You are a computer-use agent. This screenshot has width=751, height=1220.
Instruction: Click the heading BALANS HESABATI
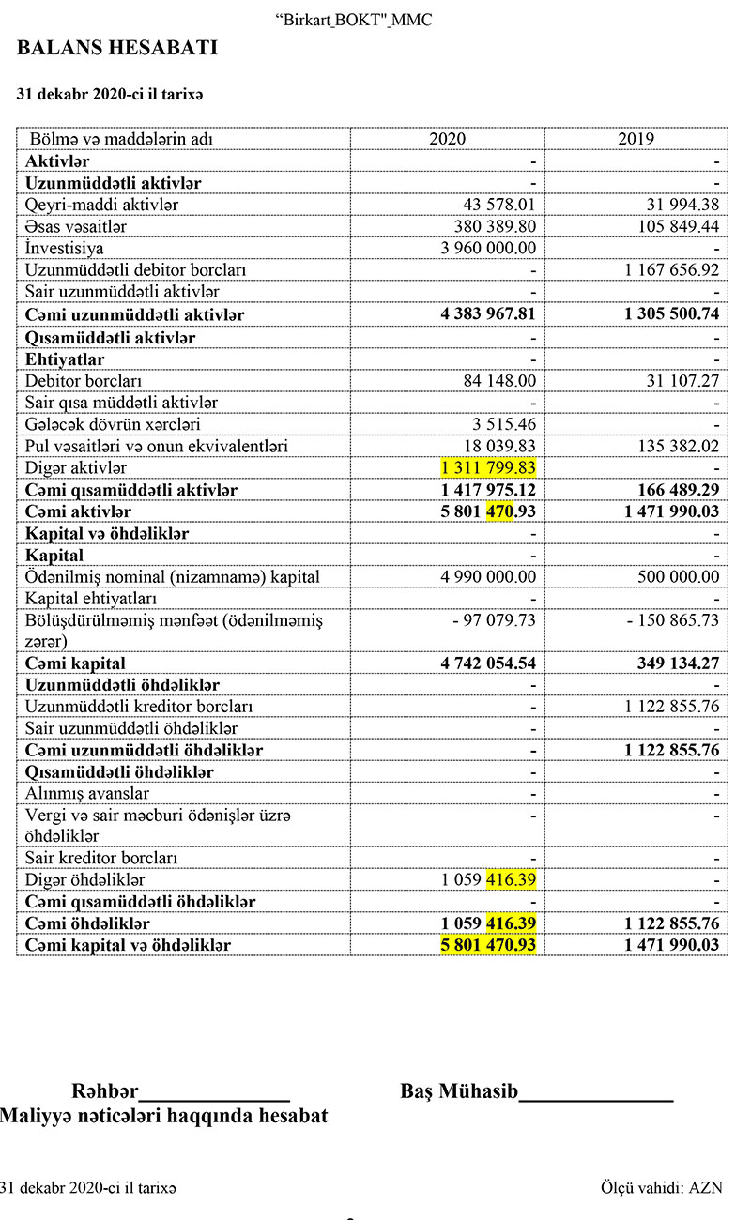[116, 48]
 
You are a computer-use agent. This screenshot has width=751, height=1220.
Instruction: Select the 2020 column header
[447, 139]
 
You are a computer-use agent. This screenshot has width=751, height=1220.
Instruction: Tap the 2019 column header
[636, 139]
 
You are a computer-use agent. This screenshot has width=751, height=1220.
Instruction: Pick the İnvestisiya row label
[65, 249]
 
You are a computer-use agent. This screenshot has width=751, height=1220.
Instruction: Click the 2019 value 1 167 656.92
[671, 270]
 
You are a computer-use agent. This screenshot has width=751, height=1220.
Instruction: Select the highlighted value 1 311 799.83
[488, 467]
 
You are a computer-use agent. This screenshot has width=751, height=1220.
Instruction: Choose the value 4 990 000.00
[489, 577]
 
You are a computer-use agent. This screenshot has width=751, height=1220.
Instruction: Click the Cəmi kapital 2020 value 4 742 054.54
[488, 663]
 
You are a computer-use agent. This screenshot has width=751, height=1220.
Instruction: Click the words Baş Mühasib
[459, 1091]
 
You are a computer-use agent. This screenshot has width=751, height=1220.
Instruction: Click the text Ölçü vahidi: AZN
[662, 1187]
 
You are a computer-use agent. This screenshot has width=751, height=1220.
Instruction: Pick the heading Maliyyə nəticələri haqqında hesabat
[164, 1117]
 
